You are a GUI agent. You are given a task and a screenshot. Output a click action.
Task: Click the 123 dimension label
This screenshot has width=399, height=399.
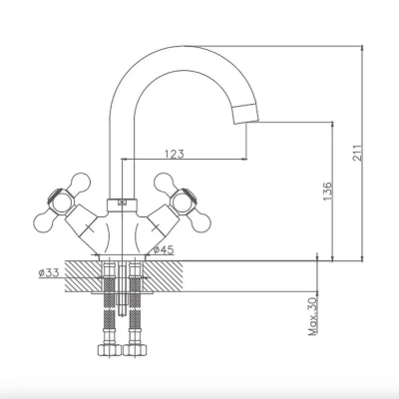coord(174,154)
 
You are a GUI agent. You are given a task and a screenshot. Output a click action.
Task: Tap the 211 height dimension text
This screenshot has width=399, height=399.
coord(356,153)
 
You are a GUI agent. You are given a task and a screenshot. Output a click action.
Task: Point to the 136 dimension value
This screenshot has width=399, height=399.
coord(327,192)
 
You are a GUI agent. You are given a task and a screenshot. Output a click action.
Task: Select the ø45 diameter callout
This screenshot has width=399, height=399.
coord(164,249)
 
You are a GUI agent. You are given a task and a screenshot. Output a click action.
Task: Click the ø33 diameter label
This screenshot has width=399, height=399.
coord(49,273)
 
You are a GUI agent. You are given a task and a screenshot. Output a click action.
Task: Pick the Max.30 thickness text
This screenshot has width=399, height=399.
coord(313,316)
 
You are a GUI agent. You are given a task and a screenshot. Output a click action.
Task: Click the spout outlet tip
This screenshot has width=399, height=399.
coord(245,114)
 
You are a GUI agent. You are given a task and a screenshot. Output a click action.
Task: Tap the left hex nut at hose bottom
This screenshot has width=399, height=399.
coord(110,350)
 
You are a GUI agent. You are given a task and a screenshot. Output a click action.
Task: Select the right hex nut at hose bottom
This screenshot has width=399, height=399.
coord(135,350)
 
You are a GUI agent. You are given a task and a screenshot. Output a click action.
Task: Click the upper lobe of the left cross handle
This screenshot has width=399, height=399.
coord(80,183)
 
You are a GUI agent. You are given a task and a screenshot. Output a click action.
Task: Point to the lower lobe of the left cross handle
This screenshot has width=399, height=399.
coord(44,220)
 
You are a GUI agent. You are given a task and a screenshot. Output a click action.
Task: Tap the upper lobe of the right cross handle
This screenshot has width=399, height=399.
coord(164,183)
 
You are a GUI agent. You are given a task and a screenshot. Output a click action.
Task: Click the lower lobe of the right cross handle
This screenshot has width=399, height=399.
coord(200,220)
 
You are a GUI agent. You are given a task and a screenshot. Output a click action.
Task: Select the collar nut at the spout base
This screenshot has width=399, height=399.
coord(122,205)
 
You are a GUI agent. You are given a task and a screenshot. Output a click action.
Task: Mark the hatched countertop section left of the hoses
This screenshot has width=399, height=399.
coord(83,276)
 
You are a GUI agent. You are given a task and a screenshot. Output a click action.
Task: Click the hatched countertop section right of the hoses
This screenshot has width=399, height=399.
coord(163,276)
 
